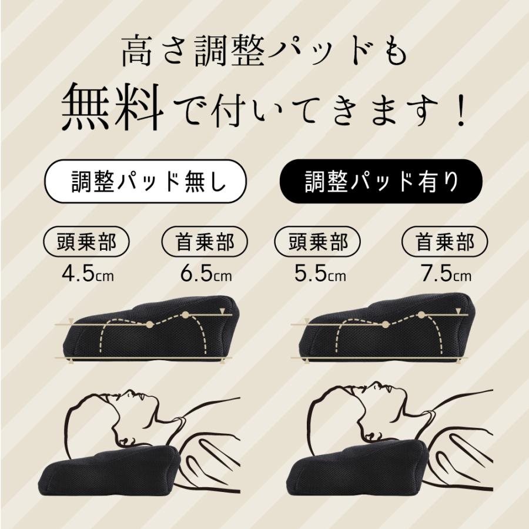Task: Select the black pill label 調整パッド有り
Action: pos(381,182)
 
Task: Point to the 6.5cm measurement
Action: pos(206,274)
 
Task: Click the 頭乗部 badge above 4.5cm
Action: pos(87,242)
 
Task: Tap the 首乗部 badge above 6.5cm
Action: pos(205,242)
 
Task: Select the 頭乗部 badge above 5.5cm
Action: pos(319,242)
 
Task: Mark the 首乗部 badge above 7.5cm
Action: pos(445,242)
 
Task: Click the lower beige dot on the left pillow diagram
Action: pos(149,324)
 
